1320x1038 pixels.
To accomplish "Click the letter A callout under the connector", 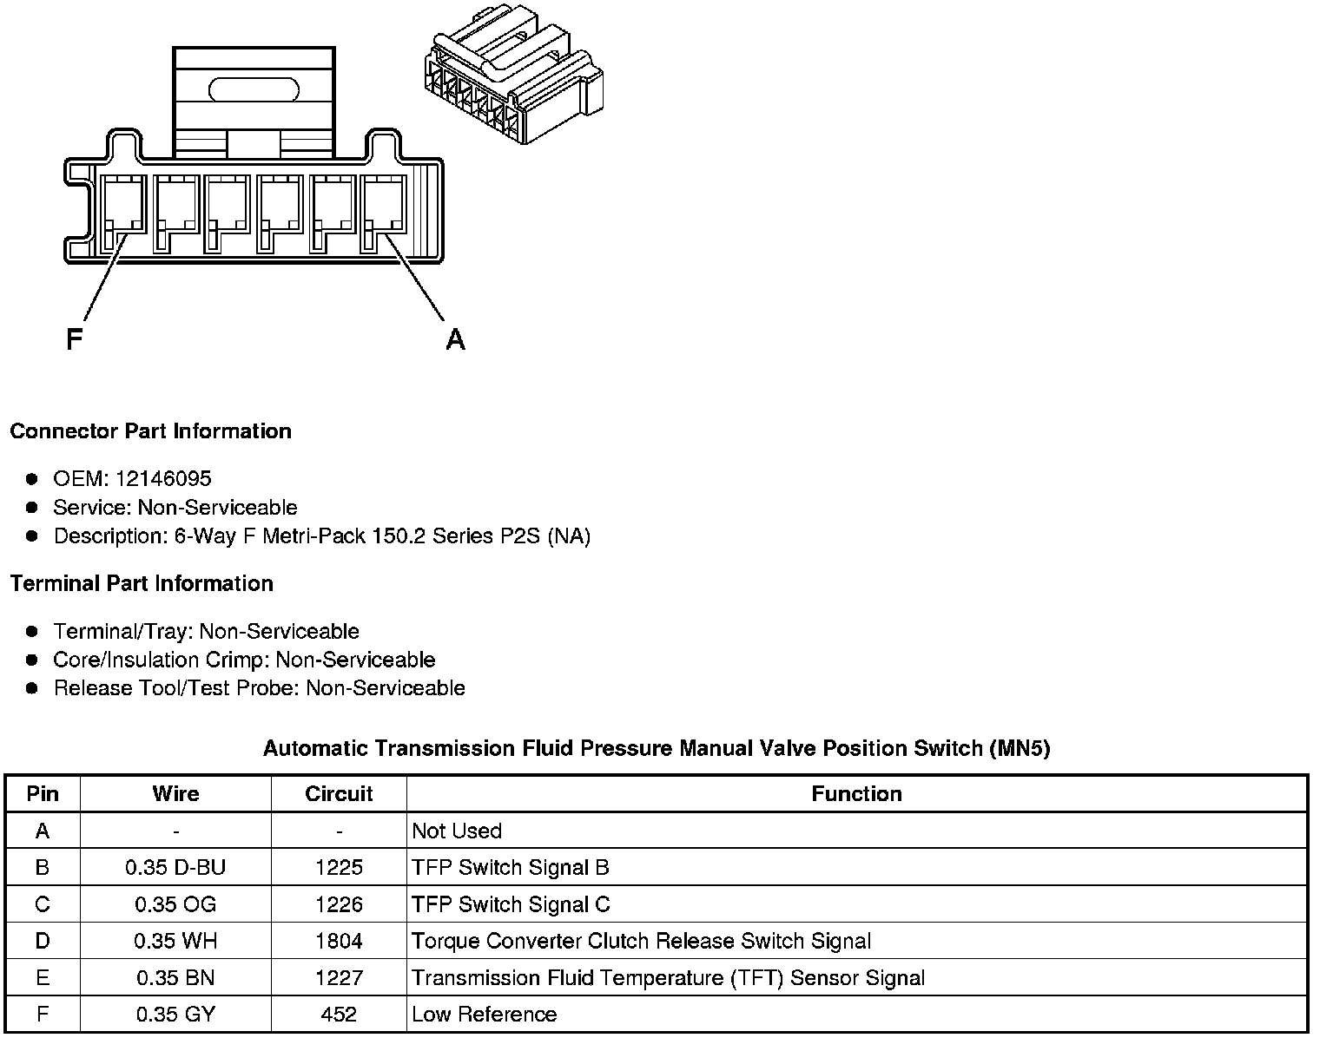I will tap(455, 339).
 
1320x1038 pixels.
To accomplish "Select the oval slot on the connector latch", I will tap(254, 89).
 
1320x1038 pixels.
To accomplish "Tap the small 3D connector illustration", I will tap(511, 82).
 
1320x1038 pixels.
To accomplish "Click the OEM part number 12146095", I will tap(162, 478).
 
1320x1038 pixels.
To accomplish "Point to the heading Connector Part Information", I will tap(150, 431).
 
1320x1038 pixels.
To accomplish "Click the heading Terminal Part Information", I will tap(142, 583).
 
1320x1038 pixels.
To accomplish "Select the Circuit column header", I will tap(339, 793).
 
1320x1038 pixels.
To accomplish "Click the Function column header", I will tap(856, 793).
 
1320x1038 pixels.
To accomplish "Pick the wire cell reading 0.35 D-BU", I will tap(175, 867).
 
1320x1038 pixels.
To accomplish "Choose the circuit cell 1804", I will tap(339, 941).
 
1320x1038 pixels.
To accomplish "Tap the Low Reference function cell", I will tap(484, 1014).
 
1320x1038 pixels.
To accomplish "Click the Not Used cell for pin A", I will tap(457, 831).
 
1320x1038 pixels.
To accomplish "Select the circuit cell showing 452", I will tap(339, 1014).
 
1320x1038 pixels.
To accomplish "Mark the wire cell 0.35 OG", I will tap(175, 904).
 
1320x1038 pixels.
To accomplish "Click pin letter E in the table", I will tap(43, 977).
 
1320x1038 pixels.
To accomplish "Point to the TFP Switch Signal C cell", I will tap(511, 904).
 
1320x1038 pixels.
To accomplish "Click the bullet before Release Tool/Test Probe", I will tap(32, 688).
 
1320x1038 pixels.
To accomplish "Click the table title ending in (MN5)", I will tap(657, 748).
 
